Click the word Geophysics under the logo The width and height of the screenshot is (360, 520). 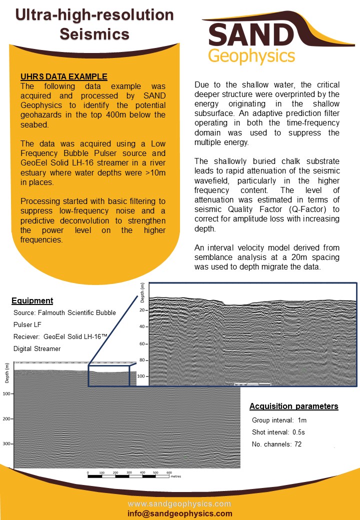click(251, 56)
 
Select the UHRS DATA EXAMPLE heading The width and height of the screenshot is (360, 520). click(63, 76)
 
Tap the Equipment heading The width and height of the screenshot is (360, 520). click(32, 300)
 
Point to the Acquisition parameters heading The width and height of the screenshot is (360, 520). click(293, 406)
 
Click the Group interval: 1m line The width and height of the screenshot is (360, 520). click(279, 420)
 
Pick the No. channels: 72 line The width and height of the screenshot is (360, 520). click(276, 444)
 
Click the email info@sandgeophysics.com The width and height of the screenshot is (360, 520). click(180, 513)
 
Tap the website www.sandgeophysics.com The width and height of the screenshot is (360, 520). click(180, 503)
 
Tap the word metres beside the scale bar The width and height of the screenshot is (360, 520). click(175, 477)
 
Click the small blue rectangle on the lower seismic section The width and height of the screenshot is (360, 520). click(109, 375)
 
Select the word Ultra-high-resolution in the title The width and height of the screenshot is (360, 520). click(94, 15)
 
